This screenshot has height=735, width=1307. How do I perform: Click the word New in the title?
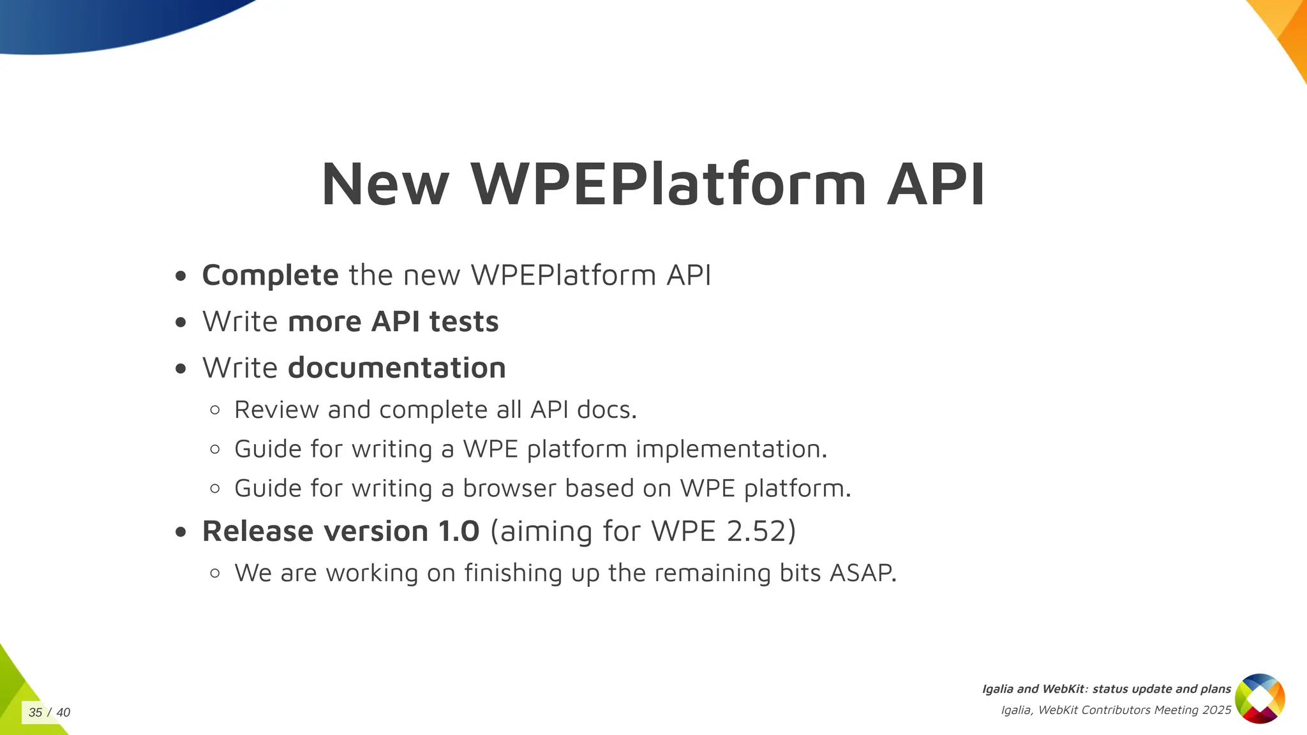click(385, 184)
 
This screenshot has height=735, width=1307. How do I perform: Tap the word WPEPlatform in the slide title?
click(668, 184)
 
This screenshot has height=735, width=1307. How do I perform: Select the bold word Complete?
click(270, 276)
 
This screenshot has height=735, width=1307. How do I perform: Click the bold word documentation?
click(397, 368)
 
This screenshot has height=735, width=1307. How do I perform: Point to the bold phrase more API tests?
click(393, 322)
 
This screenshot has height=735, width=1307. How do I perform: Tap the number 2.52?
click(756, 531)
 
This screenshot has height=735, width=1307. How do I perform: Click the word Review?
click(276, 410)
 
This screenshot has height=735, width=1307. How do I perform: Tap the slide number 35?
click(36, 713)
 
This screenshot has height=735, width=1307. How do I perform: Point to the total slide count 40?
click(63, 713)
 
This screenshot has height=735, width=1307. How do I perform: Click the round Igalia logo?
click(1260, 699)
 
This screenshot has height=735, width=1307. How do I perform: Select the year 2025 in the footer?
click(1216, 710)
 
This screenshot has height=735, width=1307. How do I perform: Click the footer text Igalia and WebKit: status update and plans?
click(1106, 689)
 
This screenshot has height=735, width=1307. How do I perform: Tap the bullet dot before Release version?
click(181, 531)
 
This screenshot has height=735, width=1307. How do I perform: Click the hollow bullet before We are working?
click(215, 573)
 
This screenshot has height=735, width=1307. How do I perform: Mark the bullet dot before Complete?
click(181, 276)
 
